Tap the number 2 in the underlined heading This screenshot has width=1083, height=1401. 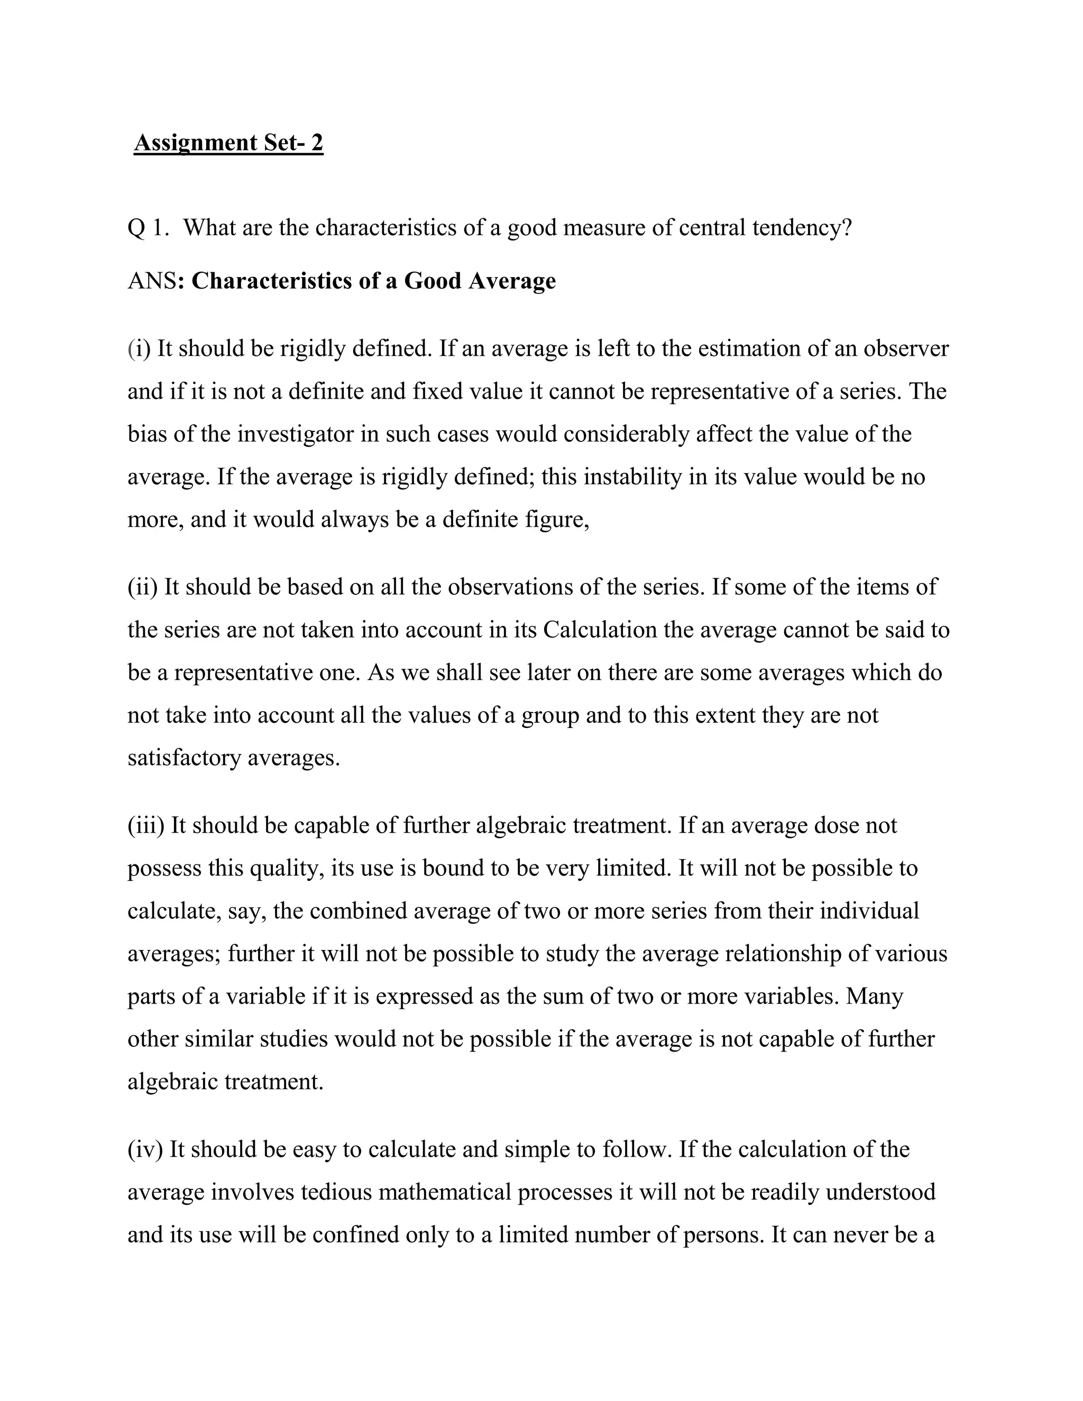click(x=317, y=142)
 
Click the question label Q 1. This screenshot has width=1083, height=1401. click(x=148, y=228)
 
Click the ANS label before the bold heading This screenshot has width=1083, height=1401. click(x=151, y=281)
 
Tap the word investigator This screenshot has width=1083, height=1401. click(x=295, y=434)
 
